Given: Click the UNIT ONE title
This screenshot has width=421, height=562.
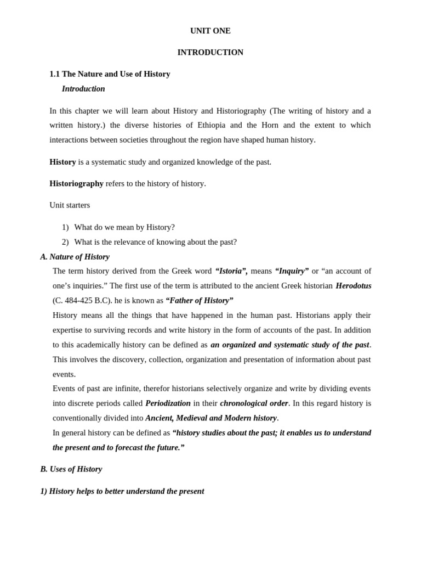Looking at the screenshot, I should pos(210,31).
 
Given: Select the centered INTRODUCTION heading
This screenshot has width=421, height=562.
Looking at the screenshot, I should pos(210,52).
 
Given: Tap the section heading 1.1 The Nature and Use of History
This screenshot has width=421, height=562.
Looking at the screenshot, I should pos(110,74).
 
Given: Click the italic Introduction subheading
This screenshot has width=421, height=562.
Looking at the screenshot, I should pos(83,88).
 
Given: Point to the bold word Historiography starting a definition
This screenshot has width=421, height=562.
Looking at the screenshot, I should pos(76,183).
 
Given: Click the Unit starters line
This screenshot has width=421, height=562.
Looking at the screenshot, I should pos(70,205).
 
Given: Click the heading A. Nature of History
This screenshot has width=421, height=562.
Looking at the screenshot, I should pos(75,256).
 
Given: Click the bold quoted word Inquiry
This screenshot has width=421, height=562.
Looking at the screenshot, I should pos(292,271).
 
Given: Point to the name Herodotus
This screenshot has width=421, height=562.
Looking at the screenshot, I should pos(353,285).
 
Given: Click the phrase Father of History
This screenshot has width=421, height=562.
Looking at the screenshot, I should pos(200,300).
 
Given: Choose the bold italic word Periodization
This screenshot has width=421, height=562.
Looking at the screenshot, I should pos(168,403).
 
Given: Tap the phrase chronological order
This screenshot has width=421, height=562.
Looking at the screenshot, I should pos(254,403).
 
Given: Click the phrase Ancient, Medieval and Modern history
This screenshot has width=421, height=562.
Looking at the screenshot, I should pos(211,418).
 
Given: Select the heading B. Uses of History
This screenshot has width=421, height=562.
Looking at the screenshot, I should pos(71,469).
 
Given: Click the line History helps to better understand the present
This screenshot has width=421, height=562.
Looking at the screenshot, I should pos(122,491).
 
